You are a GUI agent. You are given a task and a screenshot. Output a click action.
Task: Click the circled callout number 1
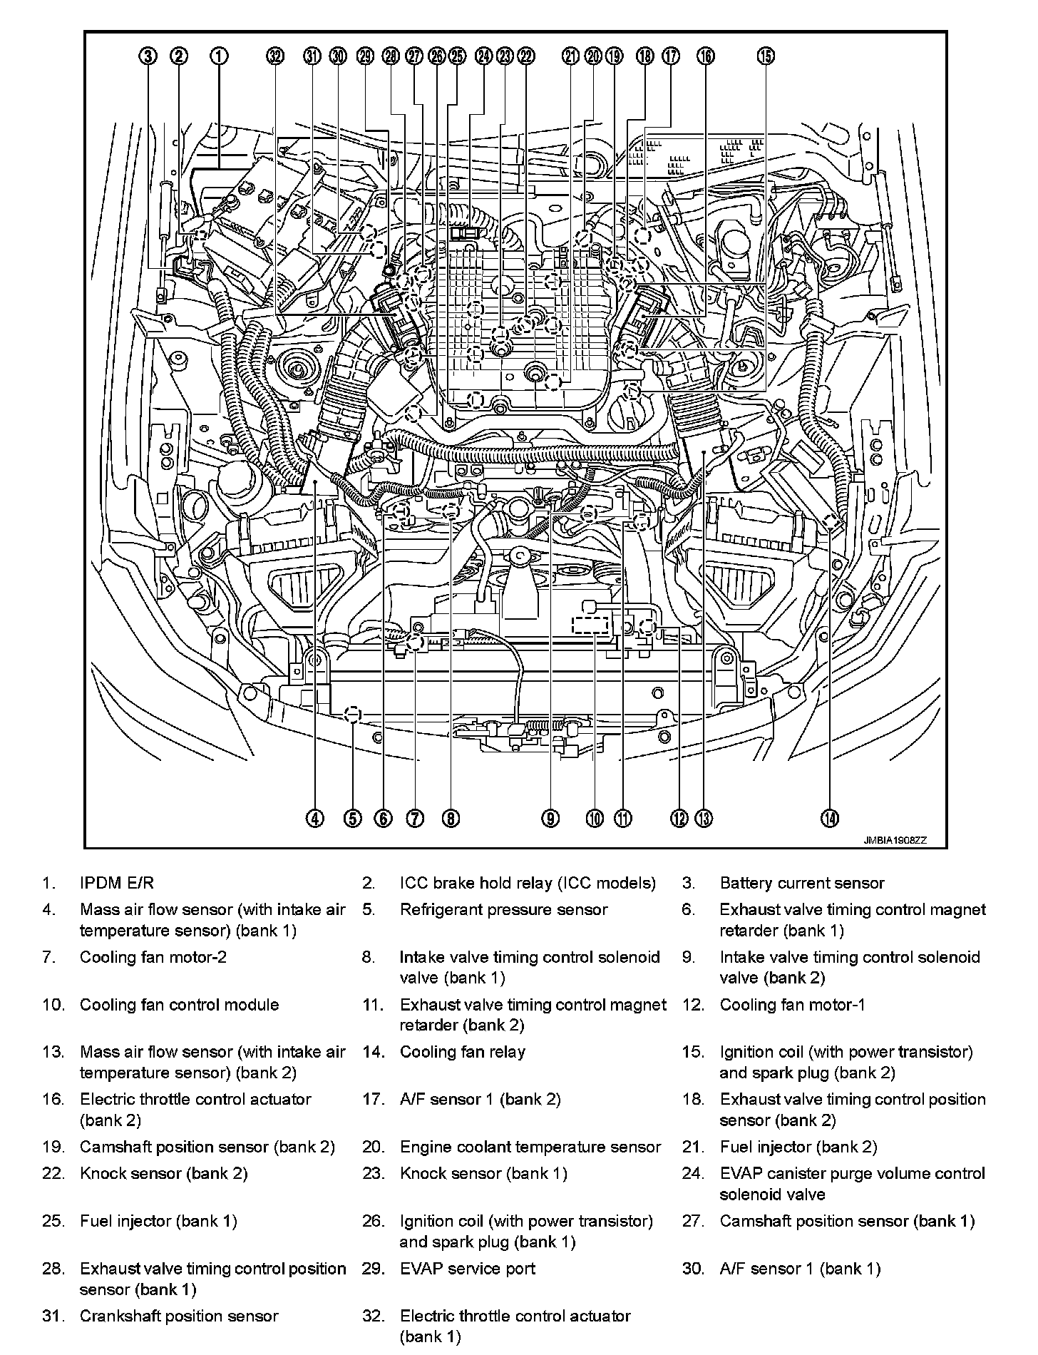coord(219,56)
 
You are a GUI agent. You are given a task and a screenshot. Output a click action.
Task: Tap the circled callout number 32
coord(275,56)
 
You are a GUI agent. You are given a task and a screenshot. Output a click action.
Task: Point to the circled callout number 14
coord(829,818)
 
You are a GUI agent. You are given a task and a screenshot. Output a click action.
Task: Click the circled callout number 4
coord(315,818)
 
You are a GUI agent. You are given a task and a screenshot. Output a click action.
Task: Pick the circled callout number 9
coord(550,818)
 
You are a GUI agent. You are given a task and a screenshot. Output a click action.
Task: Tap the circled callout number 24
coord(484,56)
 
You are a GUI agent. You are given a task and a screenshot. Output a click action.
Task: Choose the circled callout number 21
coord(570,56)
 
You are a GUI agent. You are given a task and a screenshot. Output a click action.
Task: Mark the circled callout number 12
coord(679,818)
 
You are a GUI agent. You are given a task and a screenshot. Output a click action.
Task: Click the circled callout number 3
coord(148,56)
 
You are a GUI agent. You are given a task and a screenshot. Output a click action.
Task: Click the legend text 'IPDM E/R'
coord(116,883)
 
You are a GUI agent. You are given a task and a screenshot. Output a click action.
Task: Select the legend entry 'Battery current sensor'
coord(801,883)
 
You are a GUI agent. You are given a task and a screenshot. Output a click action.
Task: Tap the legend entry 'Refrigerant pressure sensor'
coord(503,909)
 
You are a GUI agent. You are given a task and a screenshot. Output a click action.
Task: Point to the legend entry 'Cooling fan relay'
coord(462,1051)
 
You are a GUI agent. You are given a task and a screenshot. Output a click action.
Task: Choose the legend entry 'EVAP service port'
coord(467,1268)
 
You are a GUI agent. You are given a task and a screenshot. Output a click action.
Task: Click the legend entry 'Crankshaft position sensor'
coord(179,1316)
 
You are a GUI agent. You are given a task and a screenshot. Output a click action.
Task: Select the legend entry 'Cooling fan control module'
coord(179,1004)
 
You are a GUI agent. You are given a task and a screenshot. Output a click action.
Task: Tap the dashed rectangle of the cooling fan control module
coord(590,625)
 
